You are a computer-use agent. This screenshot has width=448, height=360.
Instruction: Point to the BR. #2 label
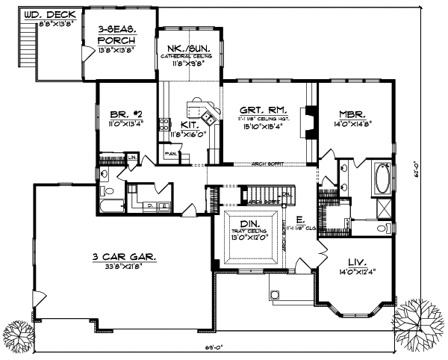click(x=121, y=115)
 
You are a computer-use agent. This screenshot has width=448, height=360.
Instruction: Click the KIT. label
click(x=190, y=124)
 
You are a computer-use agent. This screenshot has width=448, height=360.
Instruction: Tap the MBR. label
click(x=355, y=115)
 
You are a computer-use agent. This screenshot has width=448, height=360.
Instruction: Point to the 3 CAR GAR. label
click(x=124, y=256)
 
